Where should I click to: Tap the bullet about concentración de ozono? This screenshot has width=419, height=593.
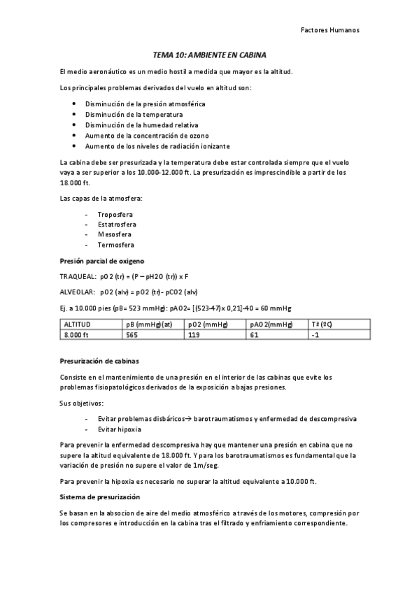[x=147, y=135]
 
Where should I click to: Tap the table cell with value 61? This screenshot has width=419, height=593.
[x=254, y=335]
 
